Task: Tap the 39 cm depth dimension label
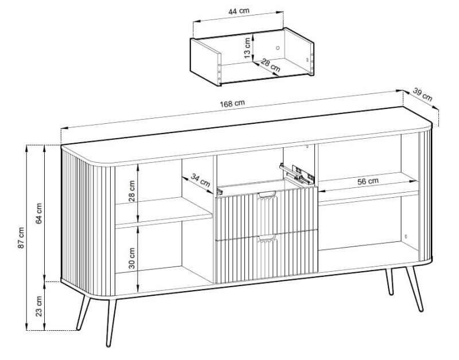(422, 95)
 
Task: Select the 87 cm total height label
(21, 238)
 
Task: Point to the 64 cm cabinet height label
(39, 213)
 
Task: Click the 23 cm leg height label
(39, 306)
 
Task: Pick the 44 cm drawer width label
(239, 11)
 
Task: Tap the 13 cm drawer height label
(247, 48)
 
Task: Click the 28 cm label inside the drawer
(271, 65)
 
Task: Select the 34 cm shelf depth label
(200, 180)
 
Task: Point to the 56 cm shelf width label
(368, 181)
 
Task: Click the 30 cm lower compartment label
(132, 258)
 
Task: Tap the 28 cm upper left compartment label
(132, 191)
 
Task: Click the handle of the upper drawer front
(267, 194)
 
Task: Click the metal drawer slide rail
(297, 174)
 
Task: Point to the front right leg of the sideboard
(414, 289)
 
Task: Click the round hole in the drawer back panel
(278, 48)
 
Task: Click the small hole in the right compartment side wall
(406, 236)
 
